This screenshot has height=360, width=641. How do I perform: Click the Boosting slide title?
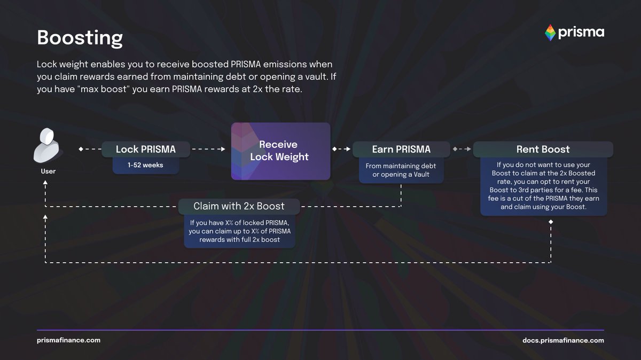[80, 38]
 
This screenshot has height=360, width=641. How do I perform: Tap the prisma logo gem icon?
[550, 33]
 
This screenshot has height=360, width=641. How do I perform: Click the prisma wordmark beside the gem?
[581, 33]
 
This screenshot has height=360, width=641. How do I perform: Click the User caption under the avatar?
[48, 171]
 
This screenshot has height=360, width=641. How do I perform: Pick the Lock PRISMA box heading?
[145, 150]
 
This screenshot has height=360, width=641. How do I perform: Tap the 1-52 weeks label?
[145, 165]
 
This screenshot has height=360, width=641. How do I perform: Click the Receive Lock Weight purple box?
[280, 151]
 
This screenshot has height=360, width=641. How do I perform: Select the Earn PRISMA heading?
[401, 150]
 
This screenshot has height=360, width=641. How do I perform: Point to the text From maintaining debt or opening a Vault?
[401, 170]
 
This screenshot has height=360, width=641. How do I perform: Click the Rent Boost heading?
[543, 150]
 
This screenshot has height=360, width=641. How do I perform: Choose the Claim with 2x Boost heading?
[239, 206]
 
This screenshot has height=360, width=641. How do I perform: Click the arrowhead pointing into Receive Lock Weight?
[223, 150]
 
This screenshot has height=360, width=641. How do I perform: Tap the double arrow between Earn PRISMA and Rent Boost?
[462, 150]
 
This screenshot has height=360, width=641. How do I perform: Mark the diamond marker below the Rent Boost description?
[551, 221]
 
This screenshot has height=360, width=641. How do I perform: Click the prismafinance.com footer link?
[68, 340]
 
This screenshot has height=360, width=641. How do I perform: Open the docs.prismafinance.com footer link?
[563, 340]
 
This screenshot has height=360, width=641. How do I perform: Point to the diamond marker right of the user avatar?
[81, 150]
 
